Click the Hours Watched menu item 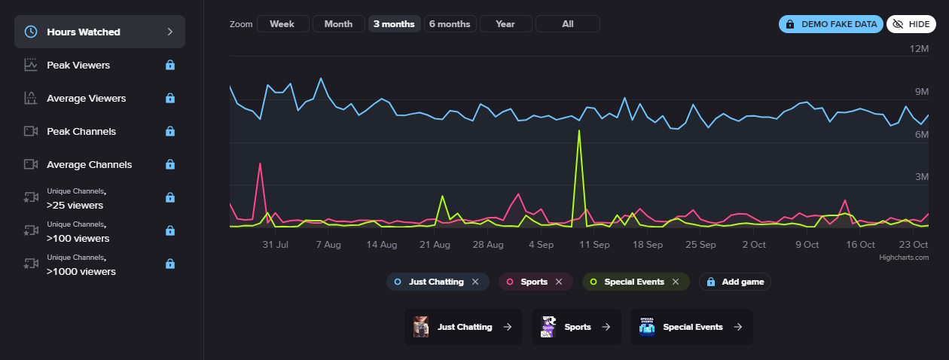[99, 32]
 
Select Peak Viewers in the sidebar [78, 66]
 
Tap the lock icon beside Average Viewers [170, 99]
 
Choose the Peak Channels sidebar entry [81, 132]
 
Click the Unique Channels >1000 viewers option [81, 264]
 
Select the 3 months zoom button [394, 24]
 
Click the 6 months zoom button [450, 24]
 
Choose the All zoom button [567, 24]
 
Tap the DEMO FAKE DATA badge [832, 24]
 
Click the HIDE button [911, 24]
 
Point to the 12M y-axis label [920, 49]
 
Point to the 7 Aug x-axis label [328, 245]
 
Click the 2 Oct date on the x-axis [753, 245]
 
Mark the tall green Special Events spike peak [578, 131]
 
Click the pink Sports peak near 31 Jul [260, 163]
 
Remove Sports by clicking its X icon [558, 282]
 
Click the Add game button [735, 282]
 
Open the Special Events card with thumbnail [691, 327]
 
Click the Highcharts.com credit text [904, 258]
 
